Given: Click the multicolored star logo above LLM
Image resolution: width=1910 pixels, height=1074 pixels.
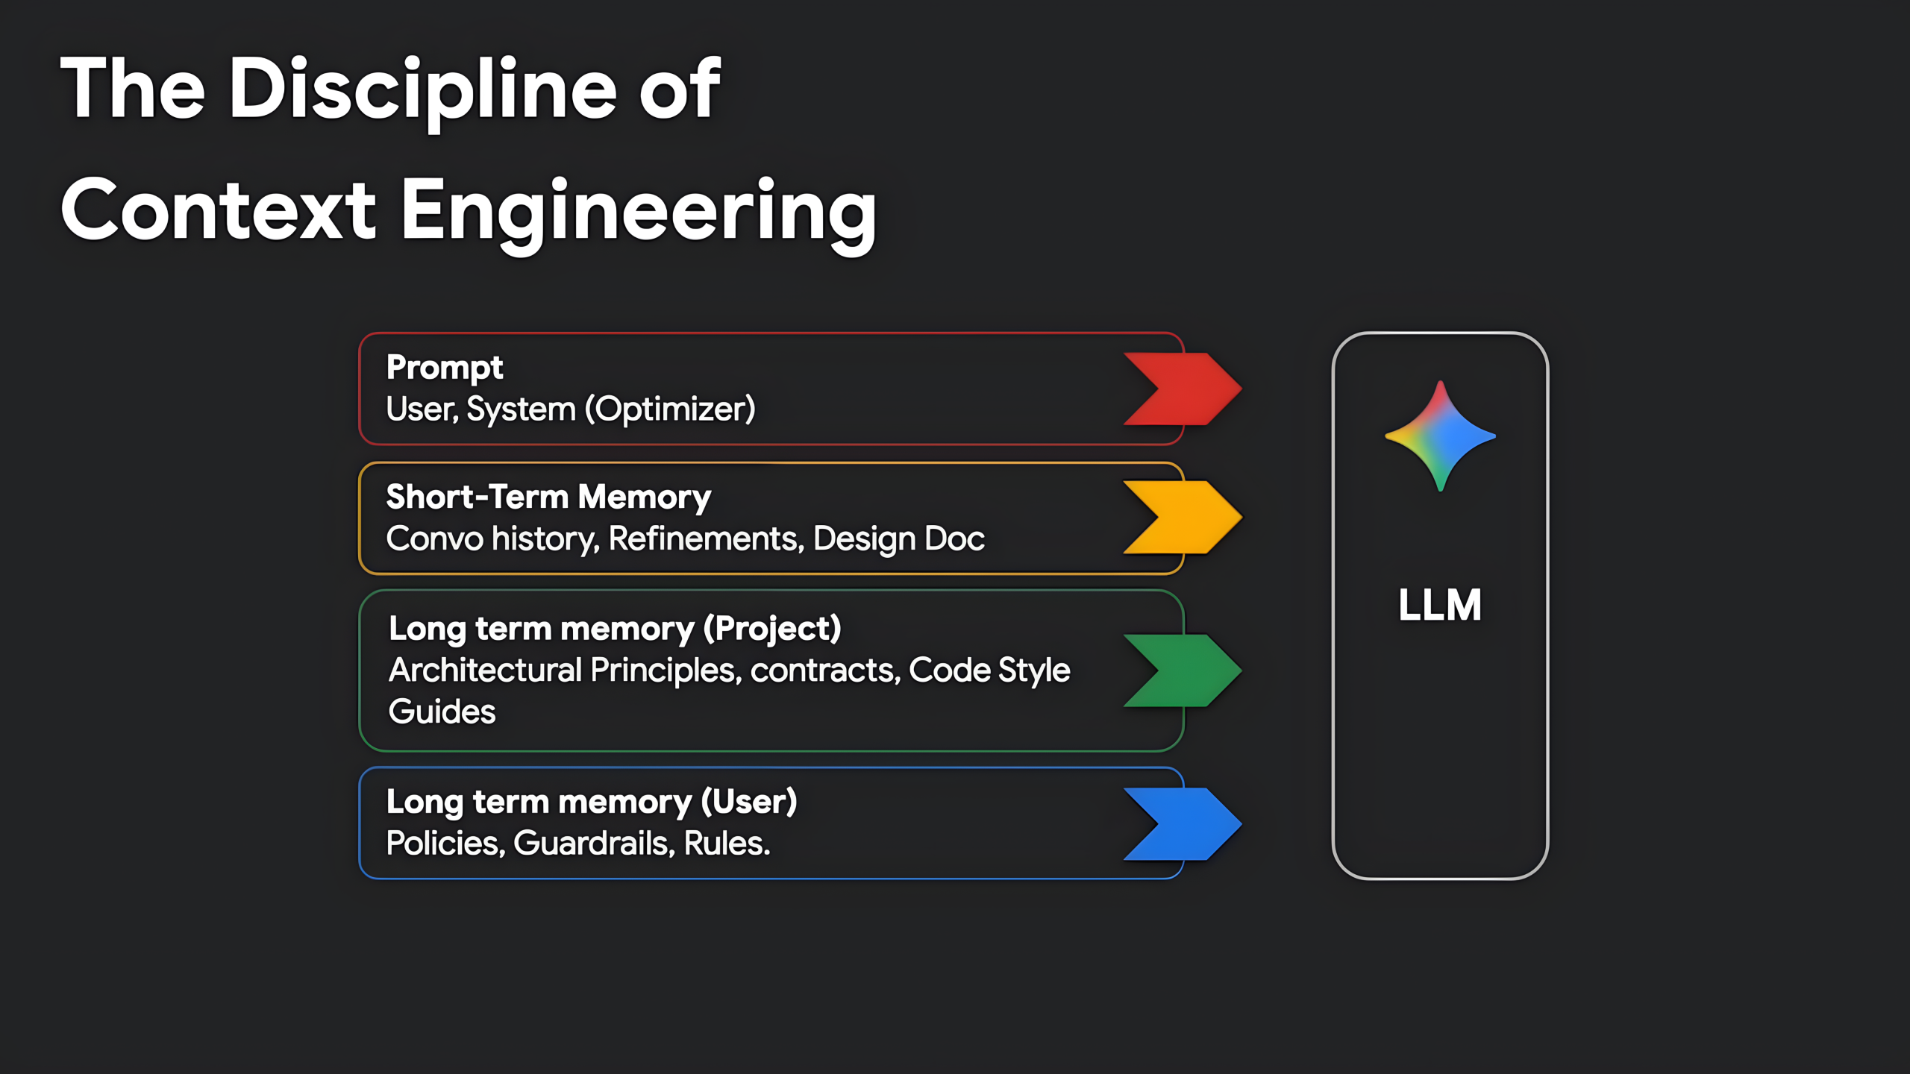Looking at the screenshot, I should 1440,436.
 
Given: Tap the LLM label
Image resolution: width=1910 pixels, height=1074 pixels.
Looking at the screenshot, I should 1440,605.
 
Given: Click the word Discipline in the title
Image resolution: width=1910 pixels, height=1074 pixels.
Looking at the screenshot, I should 423,89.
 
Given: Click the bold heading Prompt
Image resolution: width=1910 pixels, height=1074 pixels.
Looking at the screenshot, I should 445,367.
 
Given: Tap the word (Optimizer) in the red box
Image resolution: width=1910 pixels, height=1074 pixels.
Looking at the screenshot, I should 670,409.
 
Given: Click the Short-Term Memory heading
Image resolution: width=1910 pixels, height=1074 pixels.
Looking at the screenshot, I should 548,497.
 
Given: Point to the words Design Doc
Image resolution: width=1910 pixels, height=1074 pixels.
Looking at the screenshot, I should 898,538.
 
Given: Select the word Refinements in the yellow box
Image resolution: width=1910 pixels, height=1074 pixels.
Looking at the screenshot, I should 706,538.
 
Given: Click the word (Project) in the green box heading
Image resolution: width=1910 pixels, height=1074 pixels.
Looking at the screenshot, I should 772,629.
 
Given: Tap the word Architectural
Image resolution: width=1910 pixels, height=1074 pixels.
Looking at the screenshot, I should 485,670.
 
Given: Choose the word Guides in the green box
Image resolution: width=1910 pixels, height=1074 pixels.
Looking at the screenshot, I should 442,712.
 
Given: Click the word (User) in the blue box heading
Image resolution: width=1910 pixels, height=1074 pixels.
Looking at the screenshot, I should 749,802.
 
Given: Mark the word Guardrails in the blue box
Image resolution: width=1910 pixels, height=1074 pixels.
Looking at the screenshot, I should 594,844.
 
